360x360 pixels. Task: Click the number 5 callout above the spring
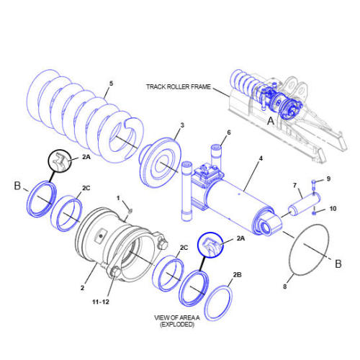point(110,84)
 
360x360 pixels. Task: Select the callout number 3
point(182,125)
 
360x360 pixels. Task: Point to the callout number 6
point(229,132)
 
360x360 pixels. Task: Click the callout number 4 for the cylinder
point(261,158)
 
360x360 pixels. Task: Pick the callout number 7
point(294,186)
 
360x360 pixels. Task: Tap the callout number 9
point(328,179)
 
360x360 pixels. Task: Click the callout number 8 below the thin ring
point(284,287)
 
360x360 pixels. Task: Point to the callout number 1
point(119,197)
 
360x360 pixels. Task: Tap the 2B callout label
point(237,275)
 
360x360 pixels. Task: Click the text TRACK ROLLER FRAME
point(178,86)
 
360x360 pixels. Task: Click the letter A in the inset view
point(271,122)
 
